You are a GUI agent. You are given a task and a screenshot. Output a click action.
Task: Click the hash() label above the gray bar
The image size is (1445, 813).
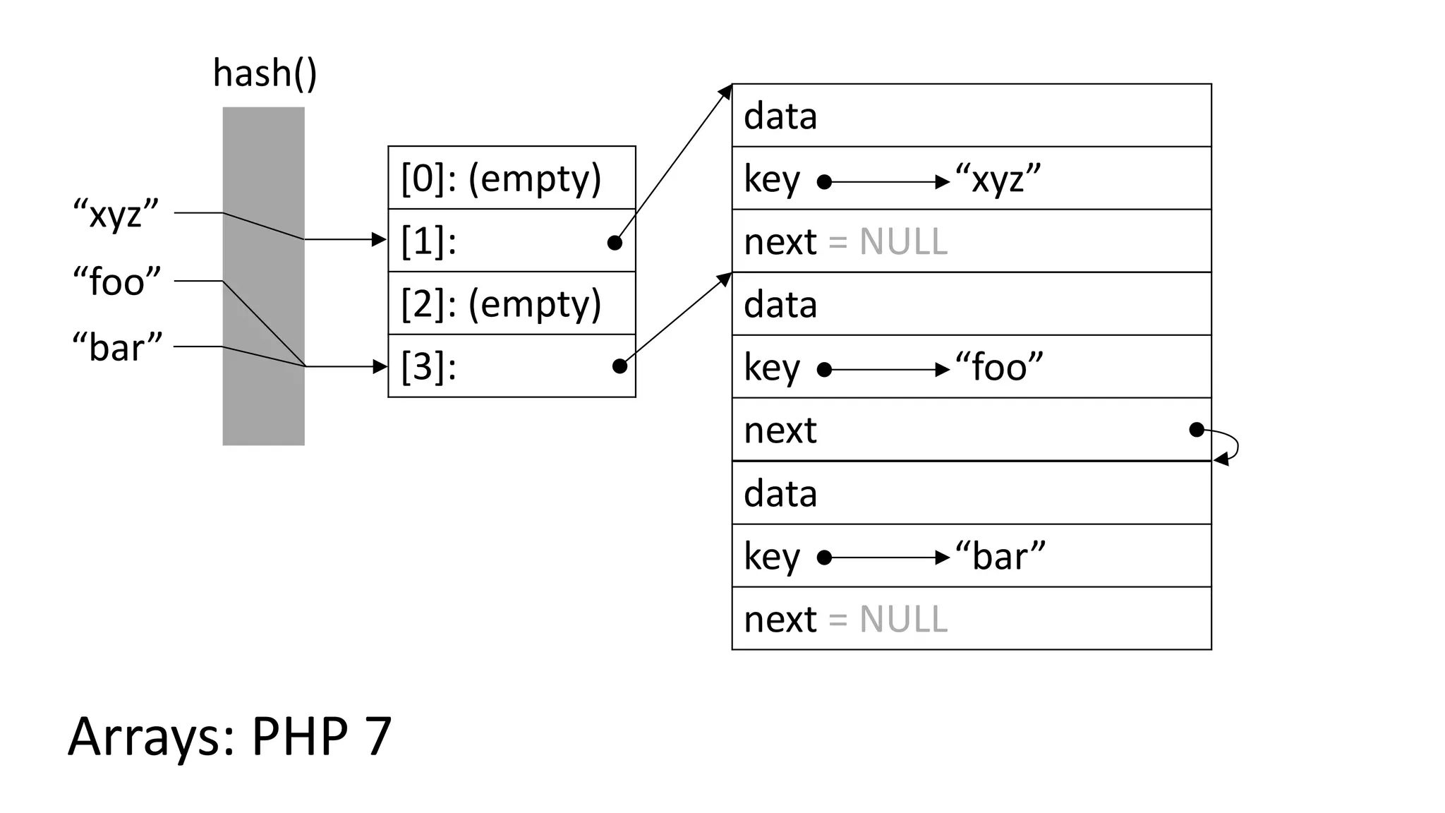265,73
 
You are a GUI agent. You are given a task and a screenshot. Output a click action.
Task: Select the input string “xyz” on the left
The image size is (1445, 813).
116,213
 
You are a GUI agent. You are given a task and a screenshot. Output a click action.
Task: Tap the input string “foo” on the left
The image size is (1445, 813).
117,282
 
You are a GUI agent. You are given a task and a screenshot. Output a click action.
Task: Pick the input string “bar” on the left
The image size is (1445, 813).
117,347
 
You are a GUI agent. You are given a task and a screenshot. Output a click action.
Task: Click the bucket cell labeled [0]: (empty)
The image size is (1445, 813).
512,178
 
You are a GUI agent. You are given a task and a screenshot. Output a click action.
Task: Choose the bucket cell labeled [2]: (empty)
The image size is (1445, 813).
512,303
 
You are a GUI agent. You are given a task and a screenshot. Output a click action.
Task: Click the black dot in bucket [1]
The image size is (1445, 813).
615,243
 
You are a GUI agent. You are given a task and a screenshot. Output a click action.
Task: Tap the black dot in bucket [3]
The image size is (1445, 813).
619,366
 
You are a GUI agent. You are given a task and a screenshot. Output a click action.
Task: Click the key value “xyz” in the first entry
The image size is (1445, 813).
998,179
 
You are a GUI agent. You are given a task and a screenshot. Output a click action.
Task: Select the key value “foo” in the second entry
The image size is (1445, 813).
998,368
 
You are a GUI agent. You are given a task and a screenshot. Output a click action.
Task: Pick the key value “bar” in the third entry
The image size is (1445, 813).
1000,556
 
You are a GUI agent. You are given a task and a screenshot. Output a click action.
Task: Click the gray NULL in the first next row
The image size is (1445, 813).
903,242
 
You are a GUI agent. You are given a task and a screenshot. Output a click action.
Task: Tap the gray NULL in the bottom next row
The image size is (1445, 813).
903,620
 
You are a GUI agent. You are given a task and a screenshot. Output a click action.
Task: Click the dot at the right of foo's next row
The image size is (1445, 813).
1196,430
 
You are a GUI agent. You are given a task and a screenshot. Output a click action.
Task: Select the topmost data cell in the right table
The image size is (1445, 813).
972,116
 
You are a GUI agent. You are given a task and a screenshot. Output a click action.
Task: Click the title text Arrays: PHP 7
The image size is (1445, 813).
229,736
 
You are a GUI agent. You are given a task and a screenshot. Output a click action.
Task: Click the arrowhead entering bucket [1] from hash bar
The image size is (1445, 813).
380,240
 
